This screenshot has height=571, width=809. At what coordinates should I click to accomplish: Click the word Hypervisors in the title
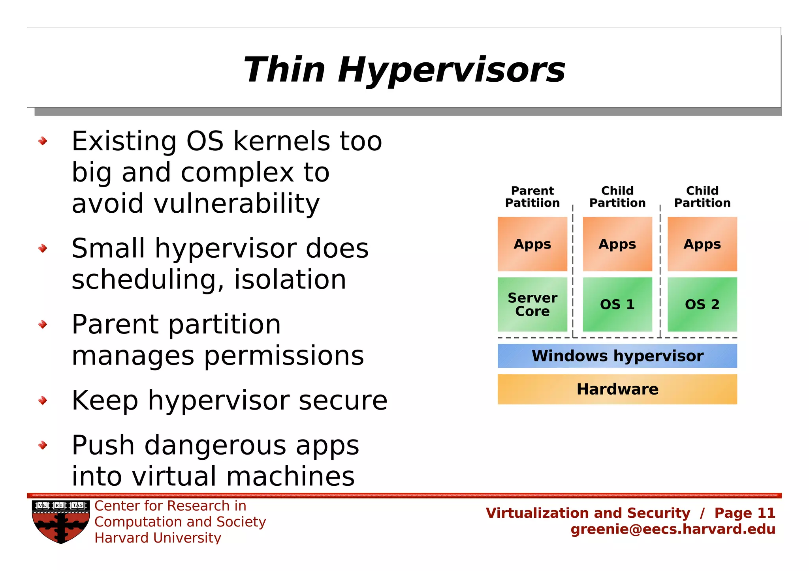click(x=452, y=70)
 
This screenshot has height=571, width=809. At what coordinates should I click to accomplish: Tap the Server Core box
click(x=532, y=304)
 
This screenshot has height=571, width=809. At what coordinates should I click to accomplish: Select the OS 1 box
click(x=617, y=304)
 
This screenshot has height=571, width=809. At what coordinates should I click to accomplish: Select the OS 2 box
click(x=702, y=304)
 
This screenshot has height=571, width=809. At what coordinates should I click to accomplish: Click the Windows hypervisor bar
click(x=617, y=356)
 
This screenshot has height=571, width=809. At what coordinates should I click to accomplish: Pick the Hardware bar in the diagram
click(x=617, y=389)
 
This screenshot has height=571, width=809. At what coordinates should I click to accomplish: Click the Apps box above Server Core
click(x=532, y=244)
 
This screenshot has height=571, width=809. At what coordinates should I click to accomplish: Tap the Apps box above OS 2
click(x=702, y=244)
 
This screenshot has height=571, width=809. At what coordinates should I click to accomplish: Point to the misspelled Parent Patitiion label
click(x=532, y=197)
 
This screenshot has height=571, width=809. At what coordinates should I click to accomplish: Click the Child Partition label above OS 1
click(x=617, y=197)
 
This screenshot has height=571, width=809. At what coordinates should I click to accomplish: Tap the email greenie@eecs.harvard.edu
click(x=673, y=529)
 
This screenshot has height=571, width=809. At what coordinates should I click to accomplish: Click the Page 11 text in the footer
click(x=745, y=513)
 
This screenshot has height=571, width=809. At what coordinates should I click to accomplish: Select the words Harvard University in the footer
click(x=158, y=538)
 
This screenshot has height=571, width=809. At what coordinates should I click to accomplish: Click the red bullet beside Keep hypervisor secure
click(x=43, y=401)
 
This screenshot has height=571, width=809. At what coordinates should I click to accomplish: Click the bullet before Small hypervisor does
click(x=43, y=248)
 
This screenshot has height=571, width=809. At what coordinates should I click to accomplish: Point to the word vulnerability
click(x=236, y=204)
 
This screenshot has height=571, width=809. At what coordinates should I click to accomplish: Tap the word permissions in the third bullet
click(x=284, y=356)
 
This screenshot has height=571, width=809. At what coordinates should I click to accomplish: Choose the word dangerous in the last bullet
click(x=215, y=445)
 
